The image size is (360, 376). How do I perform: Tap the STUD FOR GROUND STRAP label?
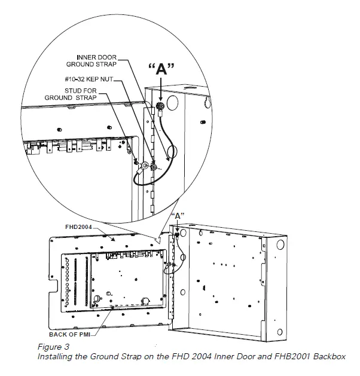pyautogui.click(x=87, y=94)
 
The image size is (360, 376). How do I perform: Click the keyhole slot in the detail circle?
pyautogui.click(x=207, y=102)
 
